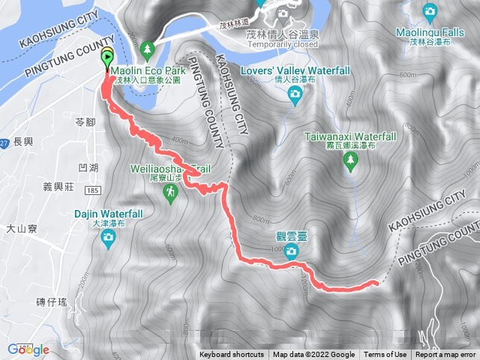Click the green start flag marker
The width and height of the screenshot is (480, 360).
point(107,59)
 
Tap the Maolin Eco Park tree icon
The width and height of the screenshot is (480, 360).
point(148,49)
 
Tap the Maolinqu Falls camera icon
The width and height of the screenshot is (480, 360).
point(430,10)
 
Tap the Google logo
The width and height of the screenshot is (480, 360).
point(28,349)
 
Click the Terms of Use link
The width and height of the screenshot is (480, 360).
point(385,355)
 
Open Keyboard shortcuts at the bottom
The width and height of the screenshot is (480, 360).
point(231,355)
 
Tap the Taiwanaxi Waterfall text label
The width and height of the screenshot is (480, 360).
point(350,137)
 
